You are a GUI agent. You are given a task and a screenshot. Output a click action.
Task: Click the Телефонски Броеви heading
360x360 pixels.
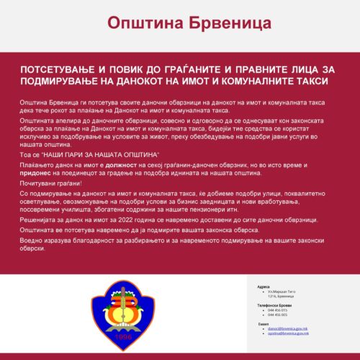273,305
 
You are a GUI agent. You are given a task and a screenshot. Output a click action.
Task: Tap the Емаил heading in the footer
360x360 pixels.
263,324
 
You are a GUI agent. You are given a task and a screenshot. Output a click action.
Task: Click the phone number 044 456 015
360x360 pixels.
277,310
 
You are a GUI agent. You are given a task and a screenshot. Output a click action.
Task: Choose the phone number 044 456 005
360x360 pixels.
277,315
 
